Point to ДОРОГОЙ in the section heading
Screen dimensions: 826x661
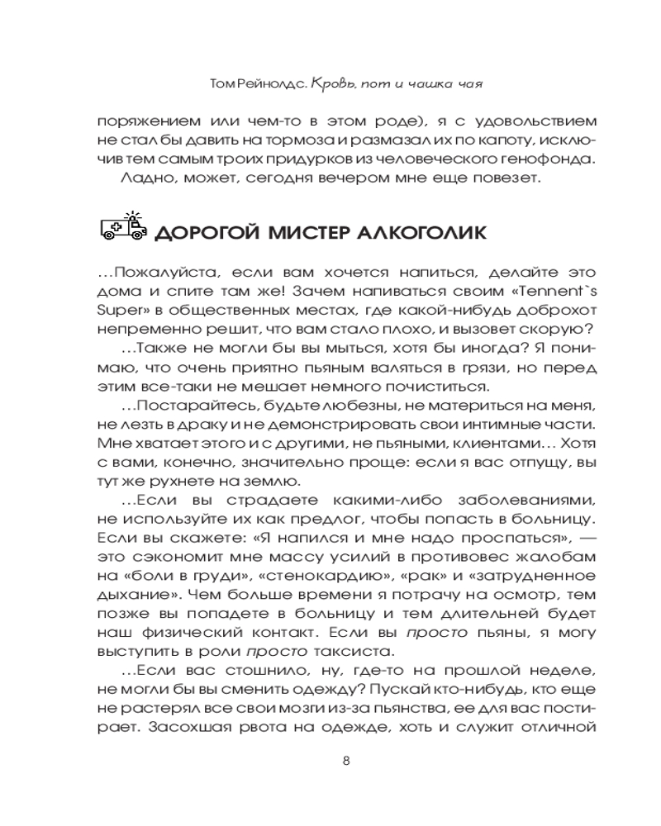207,232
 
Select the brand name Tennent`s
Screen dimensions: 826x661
541,293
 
